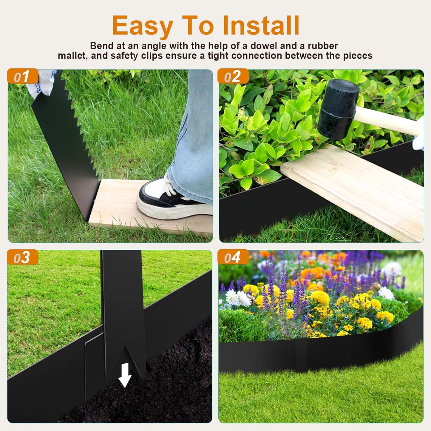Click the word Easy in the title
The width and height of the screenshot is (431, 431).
(x=142, y=26)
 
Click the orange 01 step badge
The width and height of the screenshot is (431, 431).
(x=23, y=77)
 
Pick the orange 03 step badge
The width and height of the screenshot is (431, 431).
(x=23, y=257)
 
